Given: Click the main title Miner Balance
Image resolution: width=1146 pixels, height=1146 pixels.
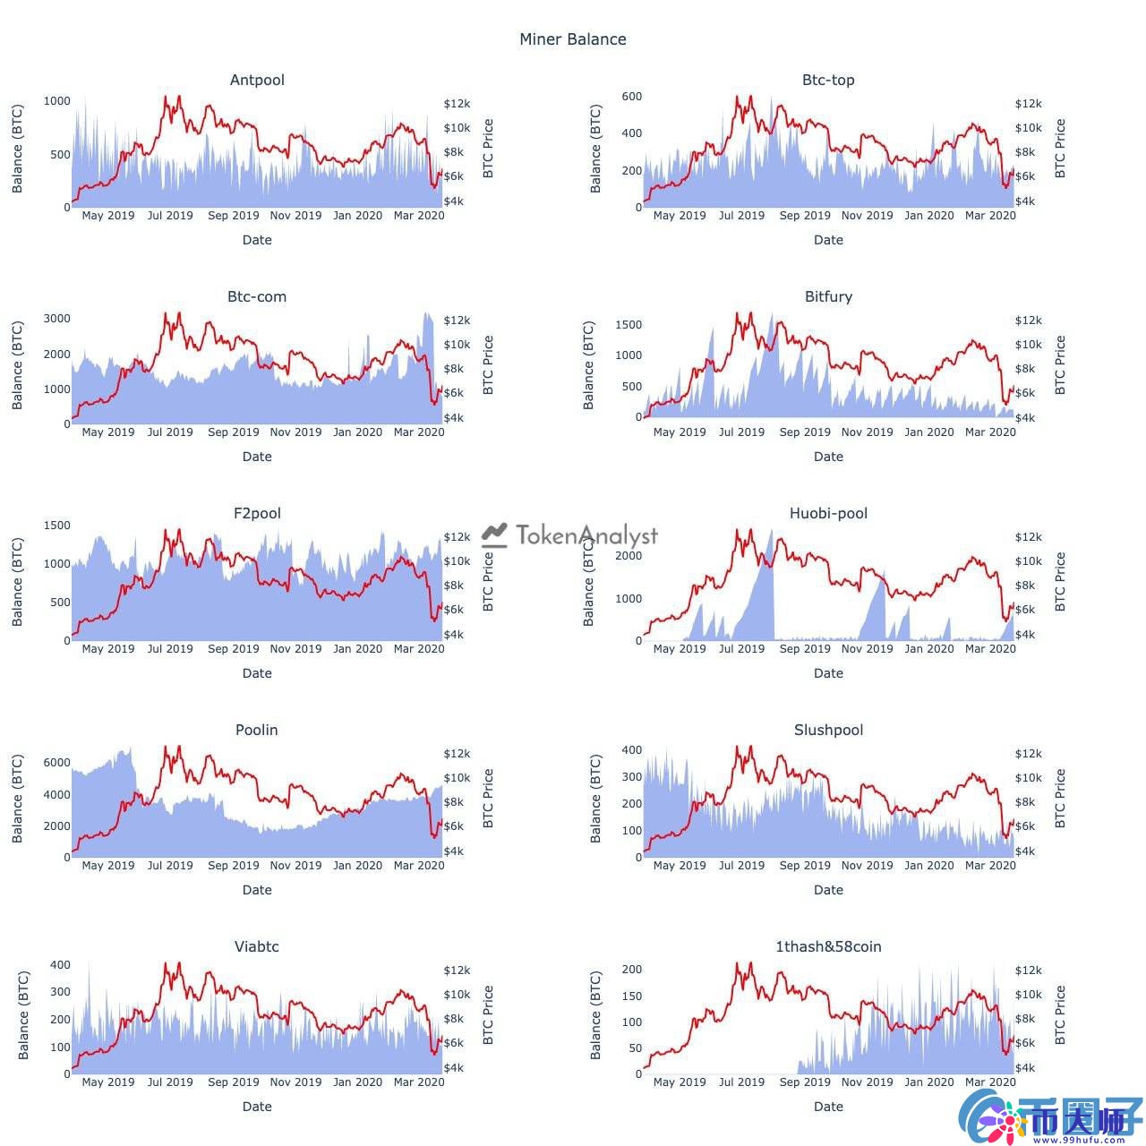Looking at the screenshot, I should click(x=573, y=39).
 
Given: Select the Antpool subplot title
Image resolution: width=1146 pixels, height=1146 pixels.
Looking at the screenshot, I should click(x=257, y=80).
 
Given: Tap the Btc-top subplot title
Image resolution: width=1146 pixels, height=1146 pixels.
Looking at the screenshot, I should click(x=828, y=80).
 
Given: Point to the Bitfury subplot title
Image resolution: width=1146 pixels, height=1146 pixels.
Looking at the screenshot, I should click(x=828, y=296).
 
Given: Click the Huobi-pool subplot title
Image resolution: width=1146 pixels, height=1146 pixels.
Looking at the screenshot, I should click(x=828, y=513).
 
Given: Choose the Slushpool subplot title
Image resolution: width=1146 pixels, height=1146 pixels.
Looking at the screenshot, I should click(x=828, y=730).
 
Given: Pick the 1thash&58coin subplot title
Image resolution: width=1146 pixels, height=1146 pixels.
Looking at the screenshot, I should click(x=828, y=946).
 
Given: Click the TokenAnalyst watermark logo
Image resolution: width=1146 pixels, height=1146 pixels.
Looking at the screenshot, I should click(x=570, y=535).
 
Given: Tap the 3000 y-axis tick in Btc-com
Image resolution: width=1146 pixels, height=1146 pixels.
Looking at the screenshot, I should click(x=56, y=318).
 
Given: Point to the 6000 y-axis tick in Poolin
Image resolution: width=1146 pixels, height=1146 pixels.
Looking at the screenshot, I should click(x=56, y=762).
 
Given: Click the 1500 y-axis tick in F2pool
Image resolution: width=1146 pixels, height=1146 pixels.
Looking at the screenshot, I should click(x=56, y=525).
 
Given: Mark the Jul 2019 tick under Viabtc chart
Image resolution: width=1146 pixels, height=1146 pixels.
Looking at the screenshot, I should click(x=170, y=1082).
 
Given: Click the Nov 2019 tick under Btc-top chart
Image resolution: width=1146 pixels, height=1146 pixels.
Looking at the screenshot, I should click(x=867, y=215).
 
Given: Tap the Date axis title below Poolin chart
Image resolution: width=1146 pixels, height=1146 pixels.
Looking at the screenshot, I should click(x=257, y=889).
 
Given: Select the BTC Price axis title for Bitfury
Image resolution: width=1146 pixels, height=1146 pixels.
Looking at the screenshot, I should click(x=1060, y=364).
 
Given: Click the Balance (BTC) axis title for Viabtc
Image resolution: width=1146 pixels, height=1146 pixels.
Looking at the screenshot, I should click(x=23, y=1015).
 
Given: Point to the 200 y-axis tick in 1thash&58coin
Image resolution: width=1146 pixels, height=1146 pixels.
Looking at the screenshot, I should click(x=631, y=970).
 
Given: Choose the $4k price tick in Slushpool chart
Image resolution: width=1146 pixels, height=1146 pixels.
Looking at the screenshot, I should click(x=1026, y=851).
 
